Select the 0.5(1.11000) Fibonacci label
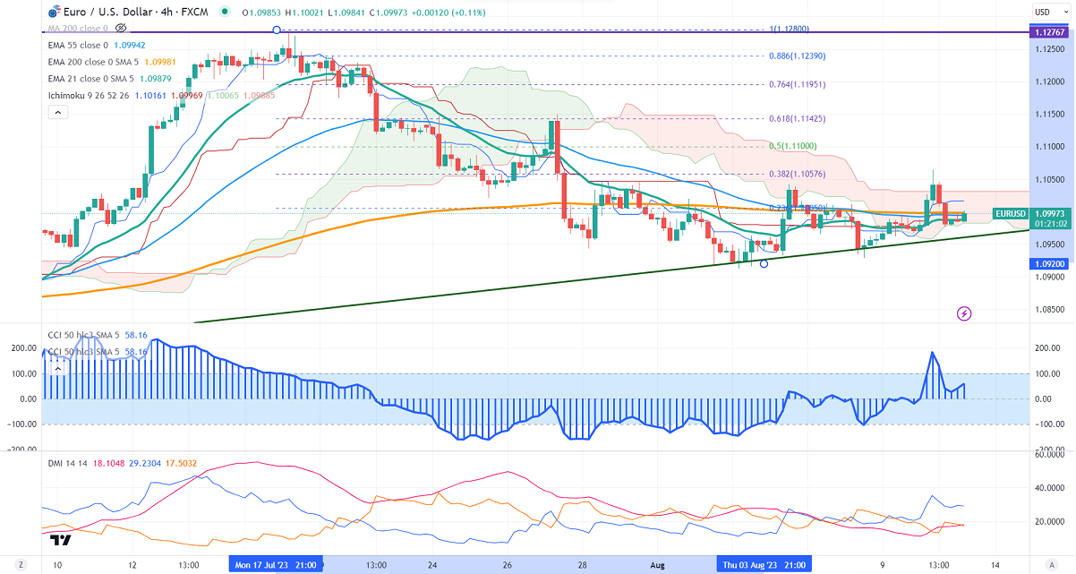coord(793,146)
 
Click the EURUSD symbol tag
coord(1010,214)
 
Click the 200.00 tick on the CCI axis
coord(1046,347)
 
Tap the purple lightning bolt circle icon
coord(964,313)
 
